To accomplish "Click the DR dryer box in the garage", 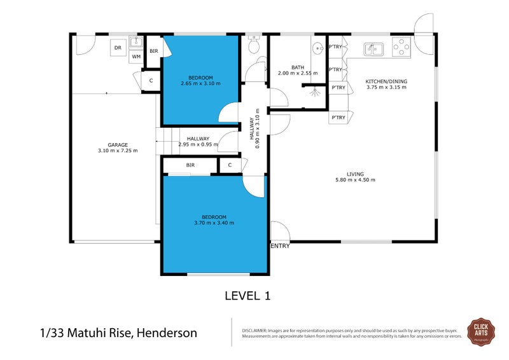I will coord(118,48).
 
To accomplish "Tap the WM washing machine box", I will coord(136,57).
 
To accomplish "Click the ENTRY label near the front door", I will coord(280,246).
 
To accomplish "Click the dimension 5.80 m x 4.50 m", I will coord(355,180).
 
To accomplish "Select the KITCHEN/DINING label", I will coord(386,81).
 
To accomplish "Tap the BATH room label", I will coord(298,67).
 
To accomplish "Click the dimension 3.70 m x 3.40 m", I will coord(214,223).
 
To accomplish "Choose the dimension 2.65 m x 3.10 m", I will coord(200,83).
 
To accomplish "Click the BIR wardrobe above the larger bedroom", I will coord(190,165).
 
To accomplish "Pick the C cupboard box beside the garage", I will coord(151,81).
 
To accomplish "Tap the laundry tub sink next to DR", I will coord(136,43).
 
